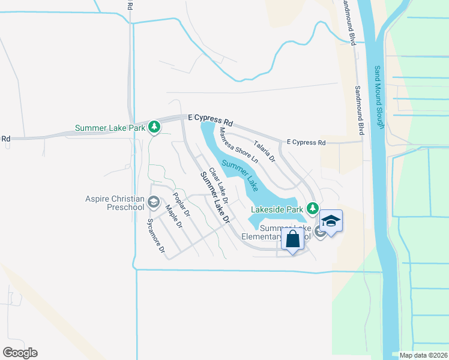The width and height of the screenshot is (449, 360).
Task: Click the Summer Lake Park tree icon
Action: coord(154,127)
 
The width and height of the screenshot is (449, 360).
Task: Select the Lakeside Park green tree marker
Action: coord(312,208)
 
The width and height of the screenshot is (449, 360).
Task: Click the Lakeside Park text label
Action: coord(277,209)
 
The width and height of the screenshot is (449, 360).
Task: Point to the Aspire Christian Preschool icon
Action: coord(153,202)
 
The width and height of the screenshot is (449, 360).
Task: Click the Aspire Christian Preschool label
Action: coord(115,203)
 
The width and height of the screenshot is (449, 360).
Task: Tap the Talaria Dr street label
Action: coord(264,151)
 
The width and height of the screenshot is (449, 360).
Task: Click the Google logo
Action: coord(20,353)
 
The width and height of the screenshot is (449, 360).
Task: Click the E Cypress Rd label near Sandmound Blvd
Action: coord(306,143)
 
